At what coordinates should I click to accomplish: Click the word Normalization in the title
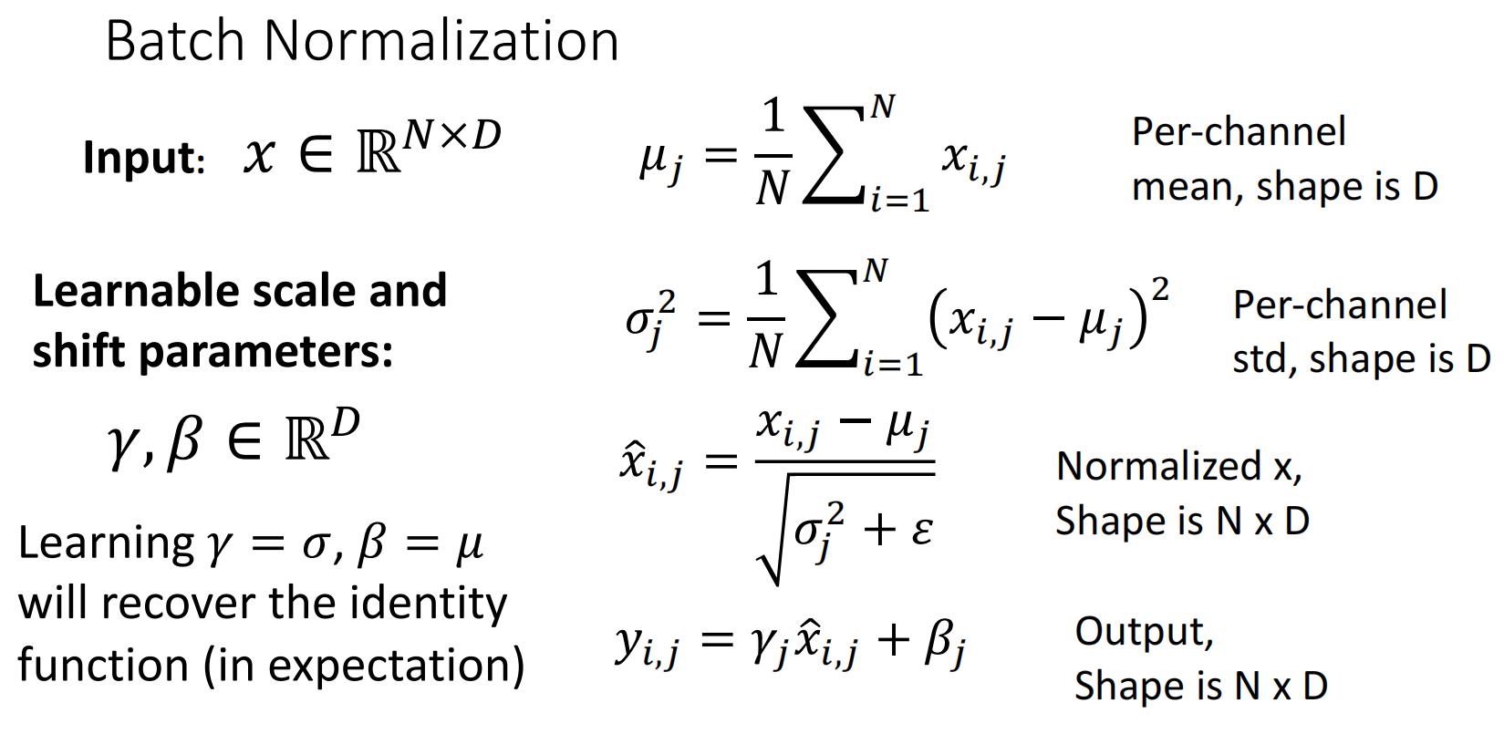click(x=441, y=42)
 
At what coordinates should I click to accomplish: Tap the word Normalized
click(x=1159, y=466)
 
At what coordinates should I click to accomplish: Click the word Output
click(x=1144, y=632)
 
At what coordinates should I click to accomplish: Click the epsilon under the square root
click(x=921, y=532)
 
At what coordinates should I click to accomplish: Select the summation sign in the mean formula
click(x=834, y=155)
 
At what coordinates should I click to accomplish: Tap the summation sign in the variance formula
click(x=826, y=319)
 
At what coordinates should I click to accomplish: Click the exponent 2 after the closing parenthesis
click(x=1159, y=290)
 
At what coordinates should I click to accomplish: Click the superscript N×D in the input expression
click(x=451, y=133)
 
